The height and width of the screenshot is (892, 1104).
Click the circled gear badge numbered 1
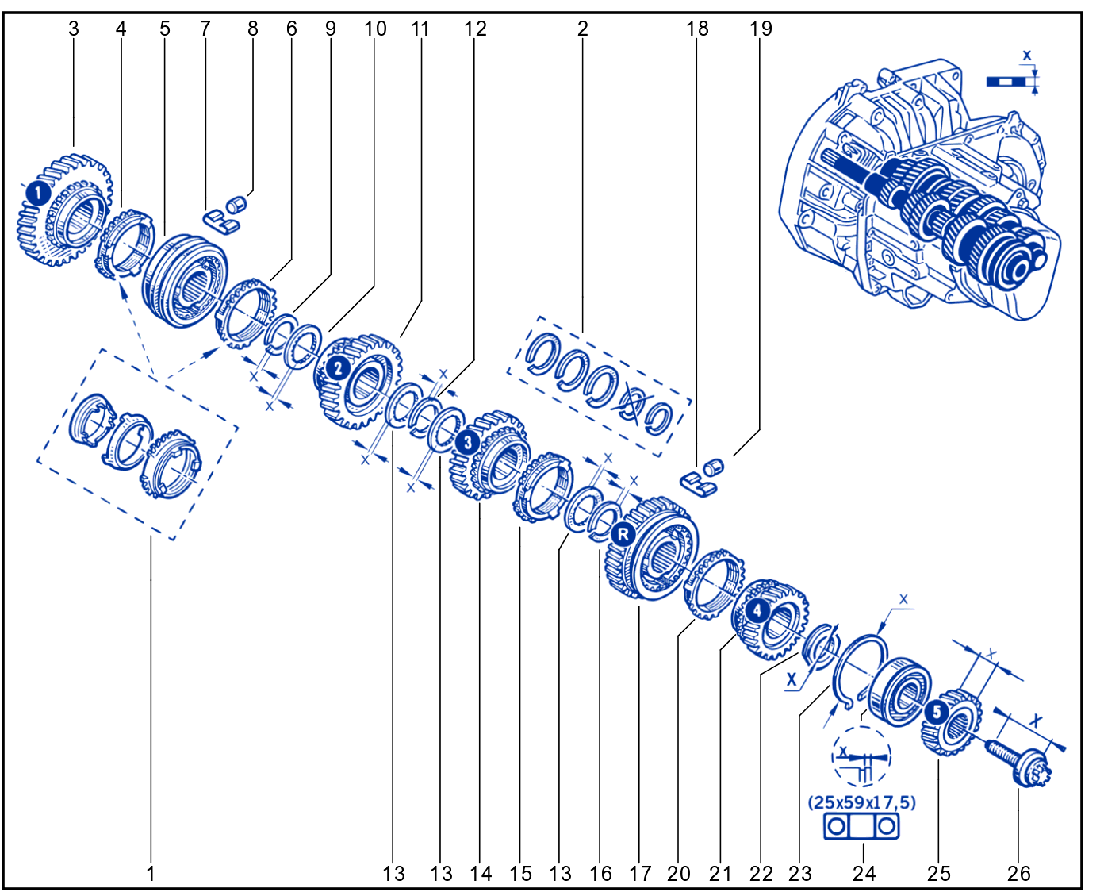coord(38,194)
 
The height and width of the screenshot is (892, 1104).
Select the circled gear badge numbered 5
coord(936,712)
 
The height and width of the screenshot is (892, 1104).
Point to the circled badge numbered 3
coord(468,442)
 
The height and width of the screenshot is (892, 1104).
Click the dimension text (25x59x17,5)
coord(861,803)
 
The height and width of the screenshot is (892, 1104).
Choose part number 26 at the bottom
coord(1018,874)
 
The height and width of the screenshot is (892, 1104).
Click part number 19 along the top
coord(761,29)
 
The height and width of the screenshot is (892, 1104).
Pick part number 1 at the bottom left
coord(151,874)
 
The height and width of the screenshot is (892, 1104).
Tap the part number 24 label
coord(864,874)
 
